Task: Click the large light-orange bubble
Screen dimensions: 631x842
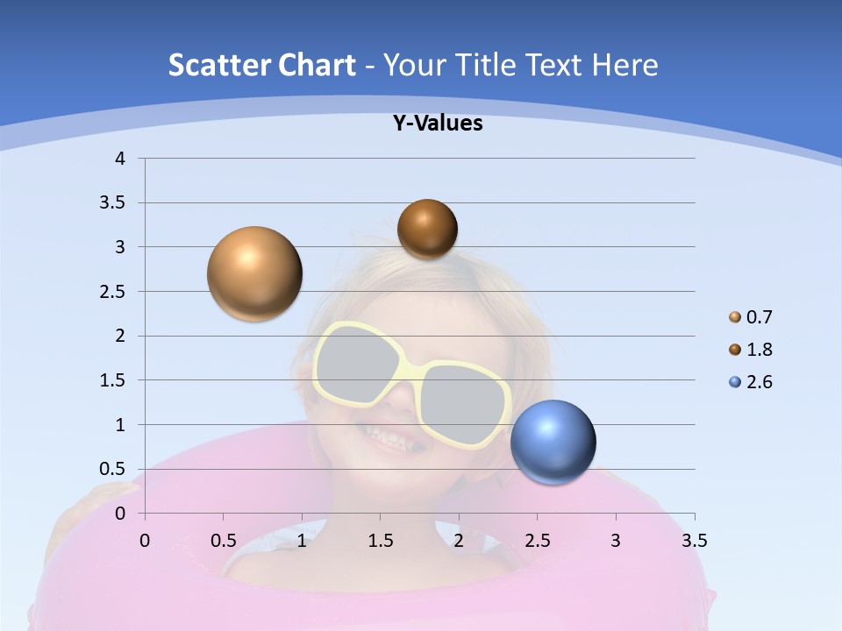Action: [x=255, y=273]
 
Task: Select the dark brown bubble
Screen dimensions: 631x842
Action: [x=427, y=229]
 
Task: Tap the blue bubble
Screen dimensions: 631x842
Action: [x=553, y=443]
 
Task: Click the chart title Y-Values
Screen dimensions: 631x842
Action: [x=438, y=124]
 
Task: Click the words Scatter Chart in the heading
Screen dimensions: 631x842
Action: [x=262, y=65]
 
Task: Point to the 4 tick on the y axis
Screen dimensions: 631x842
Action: [x=121, y=159]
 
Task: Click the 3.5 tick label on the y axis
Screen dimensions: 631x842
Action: [x=113, y=203]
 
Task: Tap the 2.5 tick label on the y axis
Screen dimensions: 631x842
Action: [x=113, y=292]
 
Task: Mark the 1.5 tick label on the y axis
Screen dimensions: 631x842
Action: [x=113, y=380]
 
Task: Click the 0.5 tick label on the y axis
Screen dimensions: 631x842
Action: [x=113, y=469]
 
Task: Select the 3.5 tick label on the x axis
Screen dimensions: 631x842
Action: [x=694, y=541]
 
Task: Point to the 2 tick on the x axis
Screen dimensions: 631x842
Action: [x=459, y=541]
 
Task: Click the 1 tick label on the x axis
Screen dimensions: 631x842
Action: [x=302, y=541]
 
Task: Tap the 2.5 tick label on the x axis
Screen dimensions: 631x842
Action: [x=537, y=541]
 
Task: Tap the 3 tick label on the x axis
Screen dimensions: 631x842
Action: [x=616, y=541]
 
